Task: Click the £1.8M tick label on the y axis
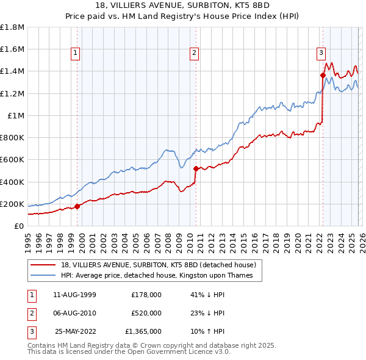(12, 27)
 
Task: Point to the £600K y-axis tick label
(12, 160)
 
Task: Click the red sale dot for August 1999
(77, 206)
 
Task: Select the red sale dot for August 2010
(196, 168)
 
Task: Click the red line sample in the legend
(43, 265)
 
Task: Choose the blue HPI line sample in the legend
(43, 276)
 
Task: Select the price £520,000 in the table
(146, 313)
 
